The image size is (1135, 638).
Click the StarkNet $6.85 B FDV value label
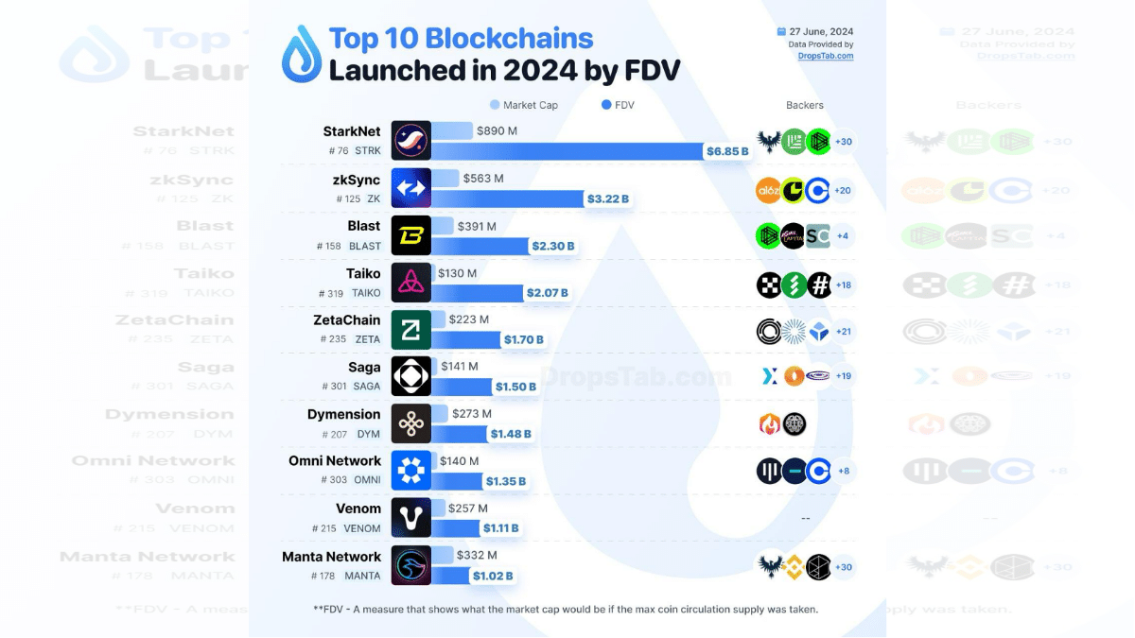tap(727, 150)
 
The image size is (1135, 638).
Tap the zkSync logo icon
tap(411, 188)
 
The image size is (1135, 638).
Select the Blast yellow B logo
tap(411, 235)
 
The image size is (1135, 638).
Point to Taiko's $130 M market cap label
tap(457, 273)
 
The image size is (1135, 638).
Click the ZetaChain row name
tap(347, 320)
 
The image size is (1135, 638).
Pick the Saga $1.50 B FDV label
tap(515, 387)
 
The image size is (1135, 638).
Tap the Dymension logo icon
tap(411, 424)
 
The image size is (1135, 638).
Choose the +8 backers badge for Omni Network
tap(843, 471)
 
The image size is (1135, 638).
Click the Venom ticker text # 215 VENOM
tap(346, 528)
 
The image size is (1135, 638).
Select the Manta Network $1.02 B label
tap(493, 576)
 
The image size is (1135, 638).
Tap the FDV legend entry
tap(618, 105)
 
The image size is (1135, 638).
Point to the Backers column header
tap(804, 105)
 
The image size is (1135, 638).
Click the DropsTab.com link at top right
tap(825, 56)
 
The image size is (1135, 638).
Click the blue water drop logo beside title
tap(302, 54)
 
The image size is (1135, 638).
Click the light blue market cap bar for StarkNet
tap(452, 131)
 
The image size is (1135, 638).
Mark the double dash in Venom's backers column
tap(805, 518)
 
